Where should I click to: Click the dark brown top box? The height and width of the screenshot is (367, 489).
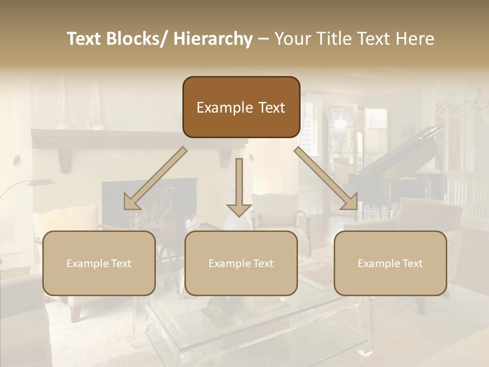click(241, 107)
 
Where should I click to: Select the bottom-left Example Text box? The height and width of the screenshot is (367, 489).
click(99, 263)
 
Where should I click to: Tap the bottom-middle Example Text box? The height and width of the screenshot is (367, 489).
click(241, 263)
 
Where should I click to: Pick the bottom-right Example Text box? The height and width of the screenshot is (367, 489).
click(390, 263)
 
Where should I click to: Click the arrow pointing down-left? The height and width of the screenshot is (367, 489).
click(155, 178)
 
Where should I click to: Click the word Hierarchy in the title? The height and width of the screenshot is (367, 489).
click(212, 39)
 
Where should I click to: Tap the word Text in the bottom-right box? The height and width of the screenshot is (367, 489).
click(412, 263)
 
